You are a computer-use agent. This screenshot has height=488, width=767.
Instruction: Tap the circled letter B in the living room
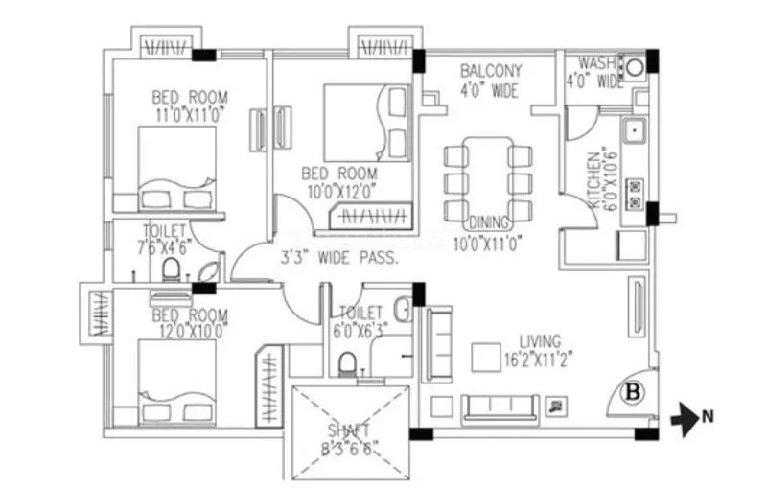point(632,390)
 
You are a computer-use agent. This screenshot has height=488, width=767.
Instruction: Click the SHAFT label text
point(351,430)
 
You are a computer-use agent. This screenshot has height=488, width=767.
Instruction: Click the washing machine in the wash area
point(632,67)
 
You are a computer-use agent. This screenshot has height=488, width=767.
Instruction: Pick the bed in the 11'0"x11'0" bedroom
point(176,167)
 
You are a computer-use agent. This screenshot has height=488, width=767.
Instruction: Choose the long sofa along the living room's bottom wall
point(498,407)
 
